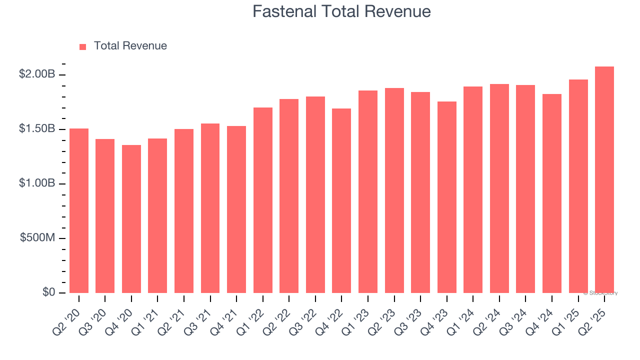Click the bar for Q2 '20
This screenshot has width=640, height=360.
coord(79,210)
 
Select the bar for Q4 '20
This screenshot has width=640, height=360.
coord(131,219)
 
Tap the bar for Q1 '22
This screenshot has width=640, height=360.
coord(263,200)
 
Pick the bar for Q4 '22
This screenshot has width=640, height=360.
coord(341,200)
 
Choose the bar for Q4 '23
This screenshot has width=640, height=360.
coord(446,197)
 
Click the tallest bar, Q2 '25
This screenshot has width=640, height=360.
coord(604,179)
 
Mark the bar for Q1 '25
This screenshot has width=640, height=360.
coord(578,186)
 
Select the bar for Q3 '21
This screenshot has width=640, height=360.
coord(210,208)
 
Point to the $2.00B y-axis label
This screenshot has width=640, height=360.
coord(37,74)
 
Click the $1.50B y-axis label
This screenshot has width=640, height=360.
coord(37,129)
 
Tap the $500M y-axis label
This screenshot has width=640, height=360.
coord(37,238)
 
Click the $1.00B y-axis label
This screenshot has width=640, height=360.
coord(37,183)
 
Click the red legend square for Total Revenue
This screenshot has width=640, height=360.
coord(83,47)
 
